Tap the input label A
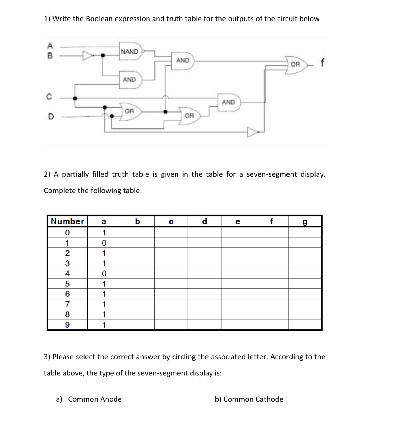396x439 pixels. pos(50,45)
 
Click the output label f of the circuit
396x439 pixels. pos(322,63)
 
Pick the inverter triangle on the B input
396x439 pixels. pos(88,55)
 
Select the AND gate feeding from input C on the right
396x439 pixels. pos(229,102)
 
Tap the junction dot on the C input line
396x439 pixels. pos(75,98)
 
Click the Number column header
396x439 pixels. pos(67,221)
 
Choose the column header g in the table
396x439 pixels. pos(305,222)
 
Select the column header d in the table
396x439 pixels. pos(205,221)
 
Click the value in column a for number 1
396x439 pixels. pos(104,243)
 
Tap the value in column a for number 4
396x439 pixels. pos(104,274)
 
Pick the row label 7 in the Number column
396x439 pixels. pos(67,304)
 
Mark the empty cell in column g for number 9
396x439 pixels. pos(305,325)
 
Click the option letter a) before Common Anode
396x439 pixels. pos(59,399)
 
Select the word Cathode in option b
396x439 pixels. pos(269,399)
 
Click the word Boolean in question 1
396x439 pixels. pos(99,19)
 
